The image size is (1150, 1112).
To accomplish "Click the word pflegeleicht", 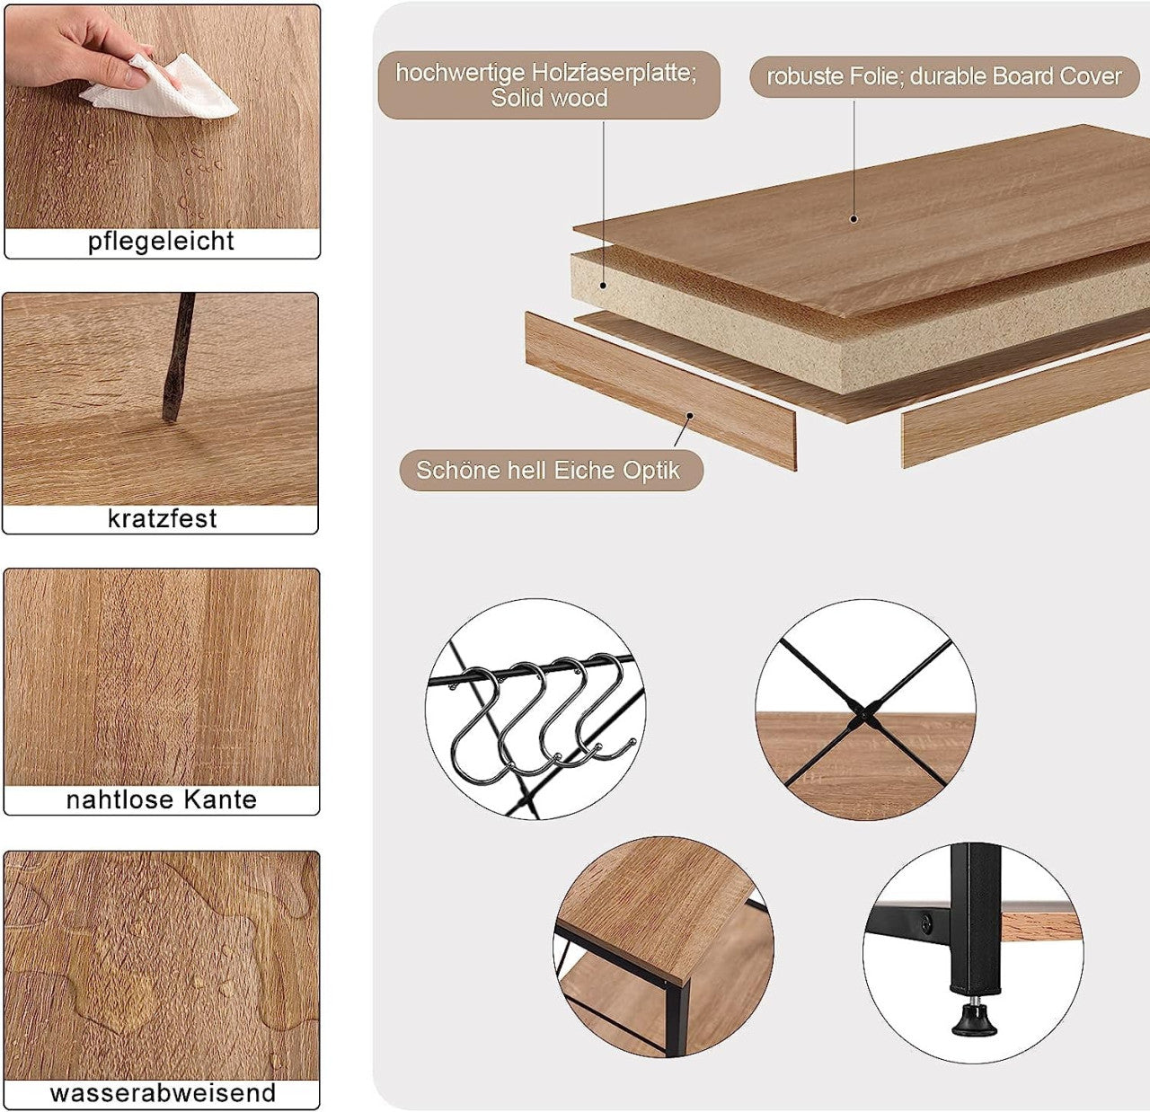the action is (161, 242).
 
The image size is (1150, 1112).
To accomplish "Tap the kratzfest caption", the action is (162, 518).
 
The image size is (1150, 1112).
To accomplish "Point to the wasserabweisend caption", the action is (163, 1092).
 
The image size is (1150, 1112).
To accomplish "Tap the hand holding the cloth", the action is (77, 48).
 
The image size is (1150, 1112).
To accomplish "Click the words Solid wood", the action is (549, 98).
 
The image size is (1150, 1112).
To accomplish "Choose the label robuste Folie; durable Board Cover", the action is (944, 76).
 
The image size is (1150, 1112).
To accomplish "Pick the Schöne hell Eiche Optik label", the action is (552, 471).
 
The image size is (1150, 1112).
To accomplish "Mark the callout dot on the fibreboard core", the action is (604, 286).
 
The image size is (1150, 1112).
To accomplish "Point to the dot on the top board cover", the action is (854, 219).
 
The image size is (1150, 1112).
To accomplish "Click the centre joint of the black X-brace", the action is (864, 714).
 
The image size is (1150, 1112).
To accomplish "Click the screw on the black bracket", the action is (926, 920).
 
